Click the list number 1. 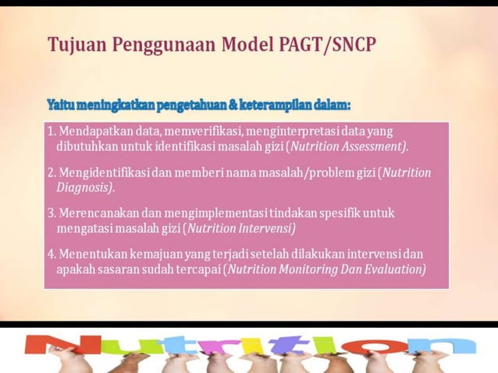click(51, 130)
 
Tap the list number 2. click(51, 172)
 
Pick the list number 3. click(51, 213)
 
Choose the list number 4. click(51, 254)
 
